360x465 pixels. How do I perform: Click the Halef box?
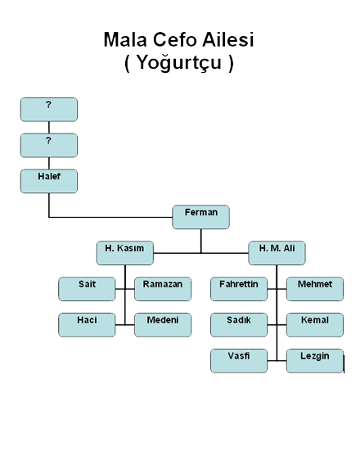[49, 181]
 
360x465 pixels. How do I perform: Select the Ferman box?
[201, 217]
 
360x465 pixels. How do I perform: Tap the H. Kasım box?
[125, 253]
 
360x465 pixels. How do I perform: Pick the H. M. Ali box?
[277, 253]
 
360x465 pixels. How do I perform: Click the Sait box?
[87, 289]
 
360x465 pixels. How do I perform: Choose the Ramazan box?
[163, 289]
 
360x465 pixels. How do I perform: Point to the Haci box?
[87, 325]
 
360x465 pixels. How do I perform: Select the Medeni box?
[163, 325]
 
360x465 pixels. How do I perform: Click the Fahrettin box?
[239, 289]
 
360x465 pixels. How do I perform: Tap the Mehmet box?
[315, 289]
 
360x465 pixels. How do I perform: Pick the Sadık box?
[239, 325]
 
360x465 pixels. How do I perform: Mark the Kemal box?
[315, 325]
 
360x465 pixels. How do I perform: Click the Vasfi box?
[239, 360]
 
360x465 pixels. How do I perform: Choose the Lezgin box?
[315, 360]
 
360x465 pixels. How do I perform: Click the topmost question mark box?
[49, 110]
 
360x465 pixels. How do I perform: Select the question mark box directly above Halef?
[49, 146]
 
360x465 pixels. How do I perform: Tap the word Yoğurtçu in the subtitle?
[179, 63]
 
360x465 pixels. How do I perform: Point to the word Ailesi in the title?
[228, 39]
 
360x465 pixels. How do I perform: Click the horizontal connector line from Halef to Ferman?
[110, 218]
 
